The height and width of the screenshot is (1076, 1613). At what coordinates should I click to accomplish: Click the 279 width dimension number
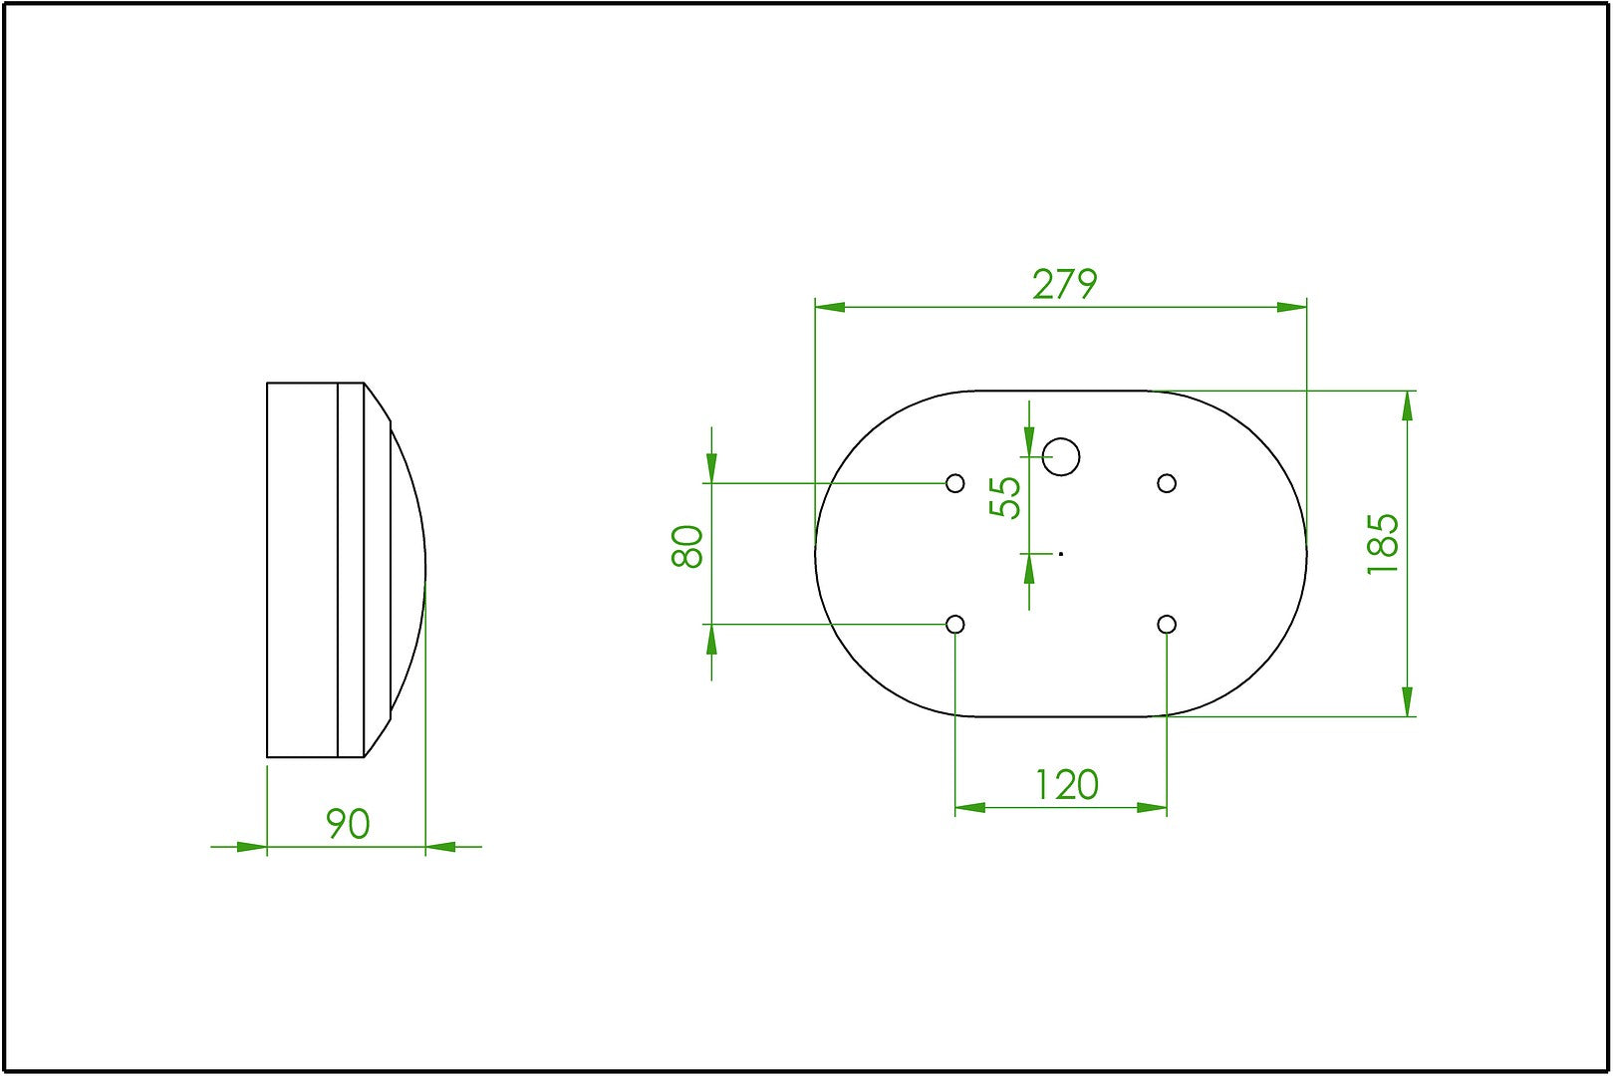(1064, 285)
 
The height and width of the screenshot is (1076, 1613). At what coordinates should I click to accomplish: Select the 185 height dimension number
(1383, 543)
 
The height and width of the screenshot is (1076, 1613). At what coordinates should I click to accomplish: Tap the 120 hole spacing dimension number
(1066, 785)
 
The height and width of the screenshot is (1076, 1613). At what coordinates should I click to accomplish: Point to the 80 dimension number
(687, 546)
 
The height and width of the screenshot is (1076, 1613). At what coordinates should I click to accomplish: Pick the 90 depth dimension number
(348, 824)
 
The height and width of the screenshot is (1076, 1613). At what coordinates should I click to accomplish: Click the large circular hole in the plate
(1061, 456)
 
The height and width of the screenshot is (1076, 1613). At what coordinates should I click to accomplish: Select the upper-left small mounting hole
(955, 483)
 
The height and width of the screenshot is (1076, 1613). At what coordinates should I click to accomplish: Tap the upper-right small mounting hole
(1167, 483)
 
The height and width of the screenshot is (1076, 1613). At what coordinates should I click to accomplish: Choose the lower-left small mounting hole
(955, 625)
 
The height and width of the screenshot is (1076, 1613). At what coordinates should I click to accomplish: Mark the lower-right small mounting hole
(1167, 625)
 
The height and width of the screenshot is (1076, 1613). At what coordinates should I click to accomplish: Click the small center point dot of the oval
(1061, 553)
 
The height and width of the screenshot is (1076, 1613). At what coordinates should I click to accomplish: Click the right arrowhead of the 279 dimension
(1292, 307)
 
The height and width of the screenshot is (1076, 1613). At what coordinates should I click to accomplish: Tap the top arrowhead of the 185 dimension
(1407, 405)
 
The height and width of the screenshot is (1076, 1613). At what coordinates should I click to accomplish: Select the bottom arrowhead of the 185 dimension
(1407, 701)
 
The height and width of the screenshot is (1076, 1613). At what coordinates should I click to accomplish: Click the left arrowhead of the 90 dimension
(252, 847)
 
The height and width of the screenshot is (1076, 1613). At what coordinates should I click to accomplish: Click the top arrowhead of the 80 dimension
(711, 467)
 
